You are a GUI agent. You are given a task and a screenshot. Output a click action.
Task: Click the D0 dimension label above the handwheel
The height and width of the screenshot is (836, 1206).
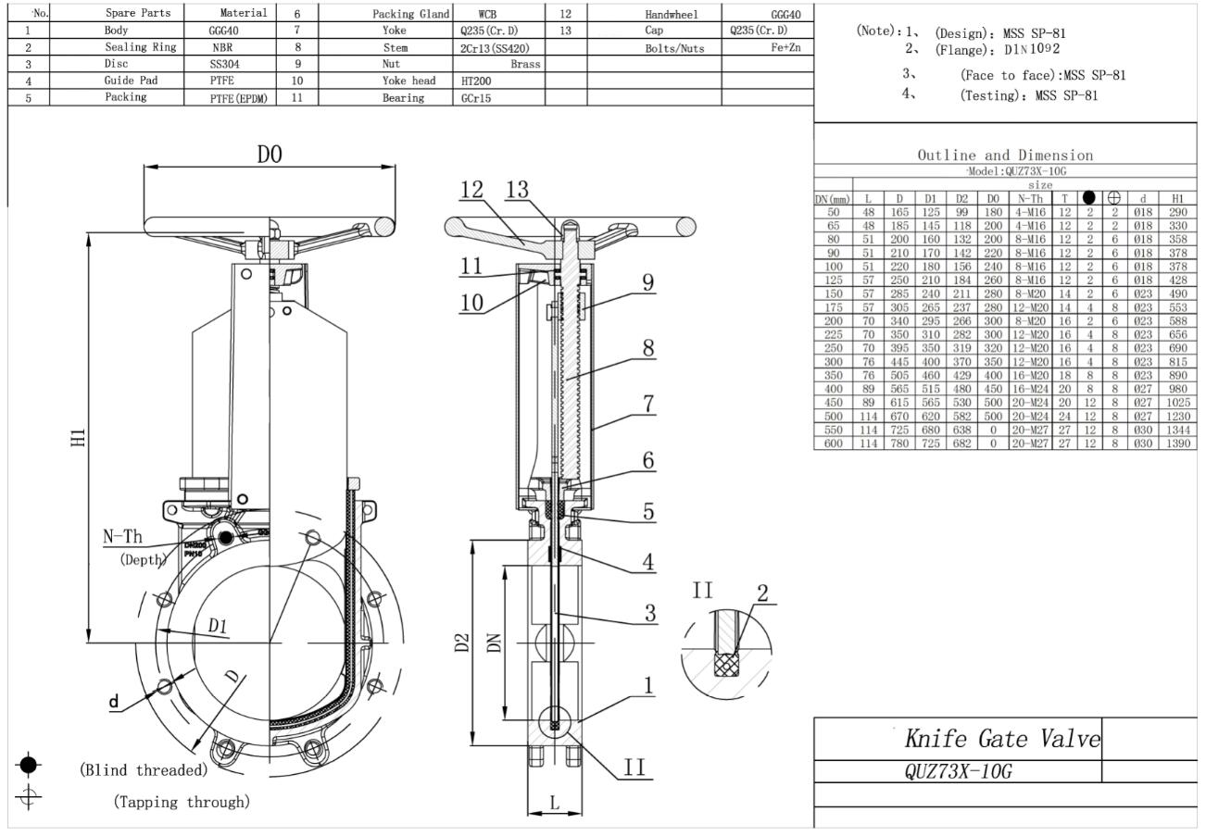click(270, 155)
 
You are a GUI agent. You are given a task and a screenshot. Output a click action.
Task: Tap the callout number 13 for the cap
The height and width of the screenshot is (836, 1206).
click(516, 189)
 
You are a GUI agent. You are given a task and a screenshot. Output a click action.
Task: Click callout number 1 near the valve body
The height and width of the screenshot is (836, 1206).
click(649, 685)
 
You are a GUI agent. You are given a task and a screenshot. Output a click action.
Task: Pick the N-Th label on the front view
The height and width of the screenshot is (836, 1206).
click(122, 537)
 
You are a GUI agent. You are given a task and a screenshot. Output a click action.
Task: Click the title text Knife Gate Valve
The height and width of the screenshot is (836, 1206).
click(1002, 739)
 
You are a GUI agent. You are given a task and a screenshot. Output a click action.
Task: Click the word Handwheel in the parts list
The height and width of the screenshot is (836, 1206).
click(671, 14)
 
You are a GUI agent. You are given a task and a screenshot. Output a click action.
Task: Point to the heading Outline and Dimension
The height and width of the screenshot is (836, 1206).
click(1005, 156)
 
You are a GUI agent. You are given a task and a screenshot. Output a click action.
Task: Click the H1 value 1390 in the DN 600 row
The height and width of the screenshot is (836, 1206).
click(1177, 444)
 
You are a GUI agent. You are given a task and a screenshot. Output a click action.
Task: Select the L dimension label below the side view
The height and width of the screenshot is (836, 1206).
click(555, 803)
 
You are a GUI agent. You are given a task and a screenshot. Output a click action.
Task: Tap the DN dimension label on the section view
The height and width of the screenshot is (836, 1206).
click(495, 642)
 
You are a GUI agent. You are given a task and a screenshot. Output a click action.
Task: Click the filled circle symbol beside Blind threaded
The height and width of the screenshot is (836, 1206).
click(29, 765)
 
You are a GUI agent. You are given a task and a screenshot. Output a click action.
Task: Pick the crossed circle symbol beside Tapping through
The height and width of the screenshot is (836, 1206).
click(29, 796)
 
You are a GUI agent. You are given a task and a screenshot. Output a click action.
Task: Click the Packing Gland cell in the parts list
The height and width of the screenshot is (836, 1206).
click(410, 14)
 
